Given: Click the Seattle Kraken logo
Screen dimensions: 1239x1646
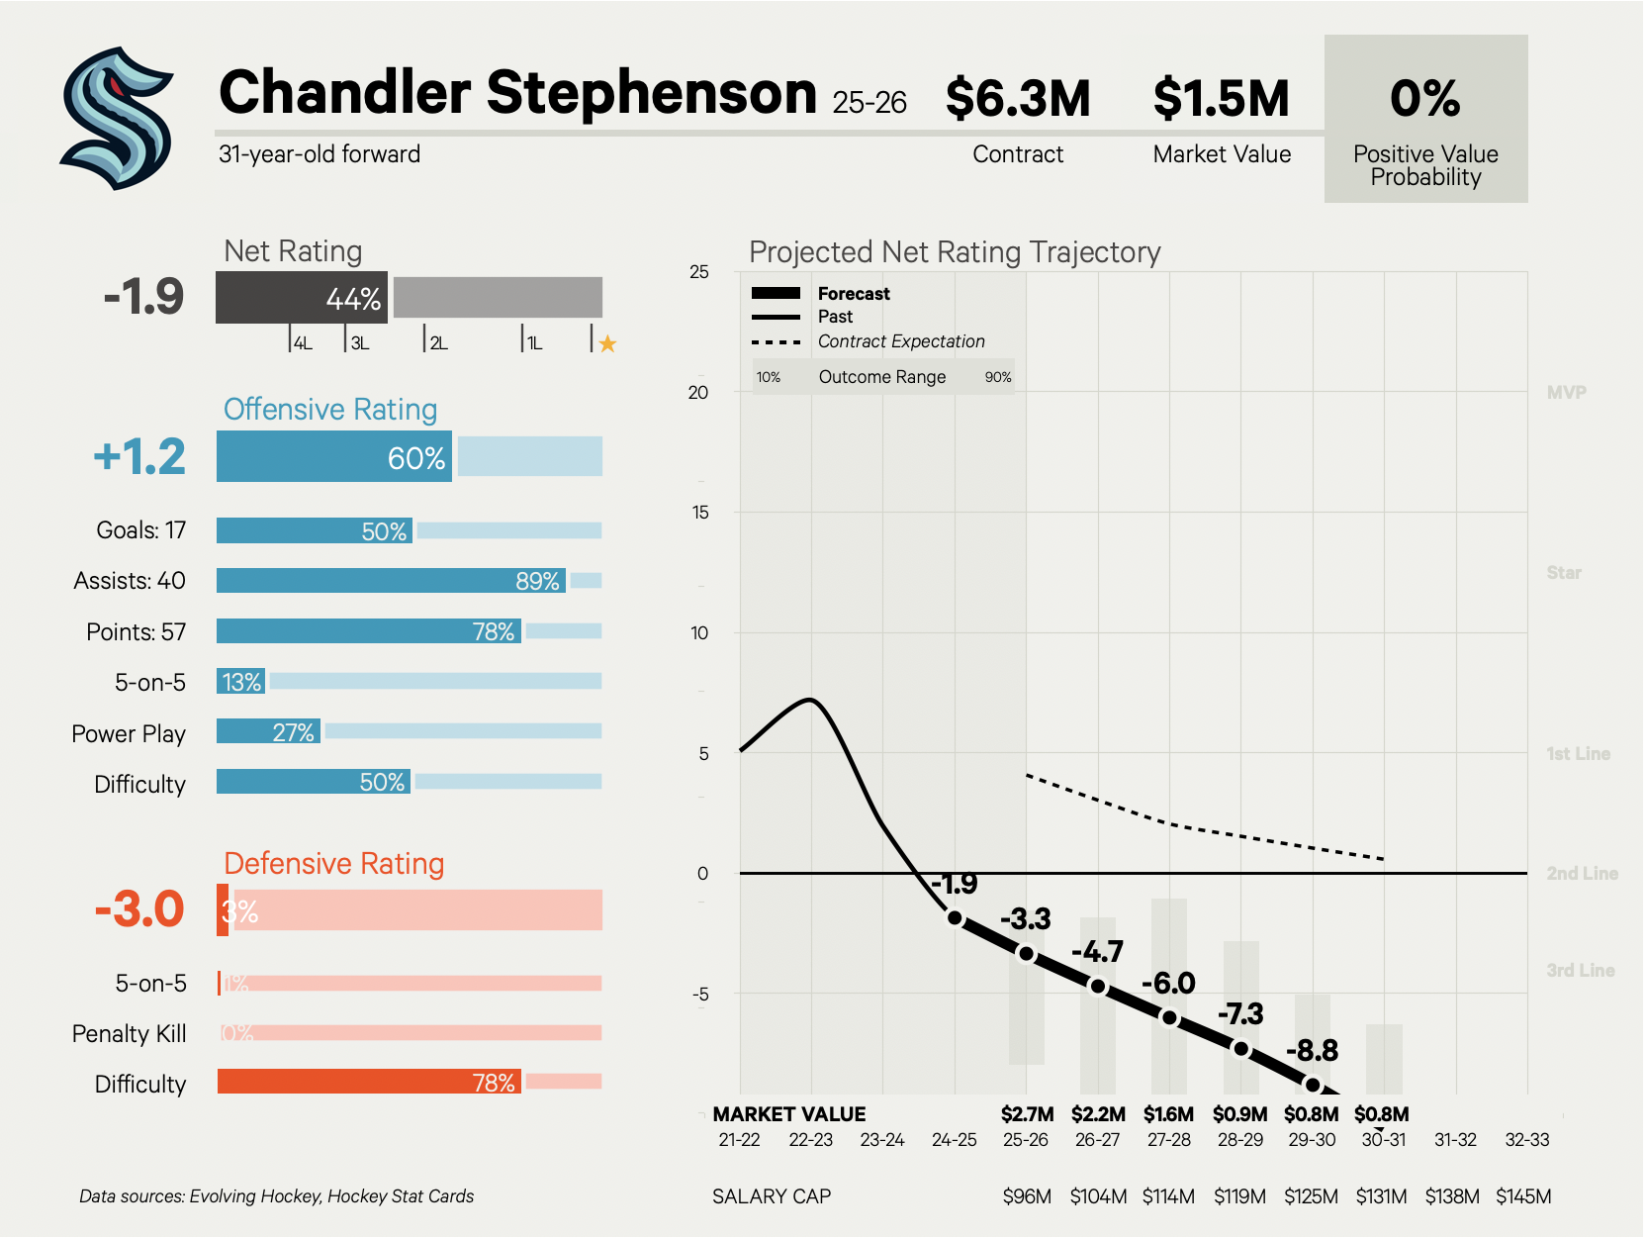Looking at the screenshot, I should pos(117,118).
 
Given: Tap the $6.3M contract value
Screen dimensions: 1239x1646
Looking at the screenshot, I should pos(1017,98).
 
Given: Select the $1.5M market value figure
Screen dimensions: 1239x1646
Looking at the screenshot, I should pos(1221,98).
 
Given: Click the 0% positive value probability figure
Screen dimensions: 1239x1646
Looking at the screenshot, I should pos(1424,98).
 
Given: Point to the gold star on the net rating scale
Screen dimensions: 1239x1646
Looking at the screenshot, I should pos(607,343).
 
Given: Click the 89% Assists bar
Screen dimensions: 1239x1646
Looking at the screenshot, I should pos(391,581).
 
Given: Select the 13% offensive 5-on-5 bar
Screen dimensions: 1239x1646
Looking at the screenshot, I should pos(240,682).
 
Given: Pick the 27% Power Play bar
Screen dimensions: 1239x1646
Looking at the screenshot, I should pos(268,732).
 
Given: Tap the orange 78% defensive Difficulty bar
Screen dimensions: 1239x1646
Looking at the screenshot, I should pos(369,1082).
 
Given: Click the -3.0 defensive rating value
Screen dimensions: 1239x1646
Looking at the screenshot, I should pos(139,909).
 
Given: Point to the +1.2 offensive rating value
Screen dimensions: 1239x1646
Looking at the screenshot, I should pos(139,456).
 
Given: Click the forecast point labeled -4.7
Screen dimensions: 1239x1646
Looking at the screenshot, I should pos(1098,986).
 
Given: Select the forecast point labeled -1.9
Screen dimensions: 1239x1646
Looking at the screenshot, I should pos(955,917).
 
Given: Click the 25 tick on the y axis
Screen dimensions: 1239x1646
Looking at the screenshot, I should pos(699,272).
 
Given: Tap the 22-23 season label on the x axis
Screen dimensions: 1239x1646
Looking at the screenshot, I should pos(810,1140).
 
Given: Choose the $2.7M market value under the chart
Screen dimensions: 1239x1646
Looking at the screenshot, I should pos(1027,1114).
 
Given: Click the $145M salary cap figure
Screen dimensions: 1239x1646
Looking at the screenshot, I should pos(1523,1196).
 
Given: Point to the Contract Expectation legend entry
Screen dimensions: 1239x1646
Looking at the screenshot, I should pos(900,341).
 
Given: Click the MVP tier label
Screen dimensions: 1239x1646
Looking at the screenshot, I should pos(1566,393).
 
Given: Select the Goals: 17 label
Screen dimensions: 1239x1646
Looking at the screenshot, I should pos(140,530).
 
